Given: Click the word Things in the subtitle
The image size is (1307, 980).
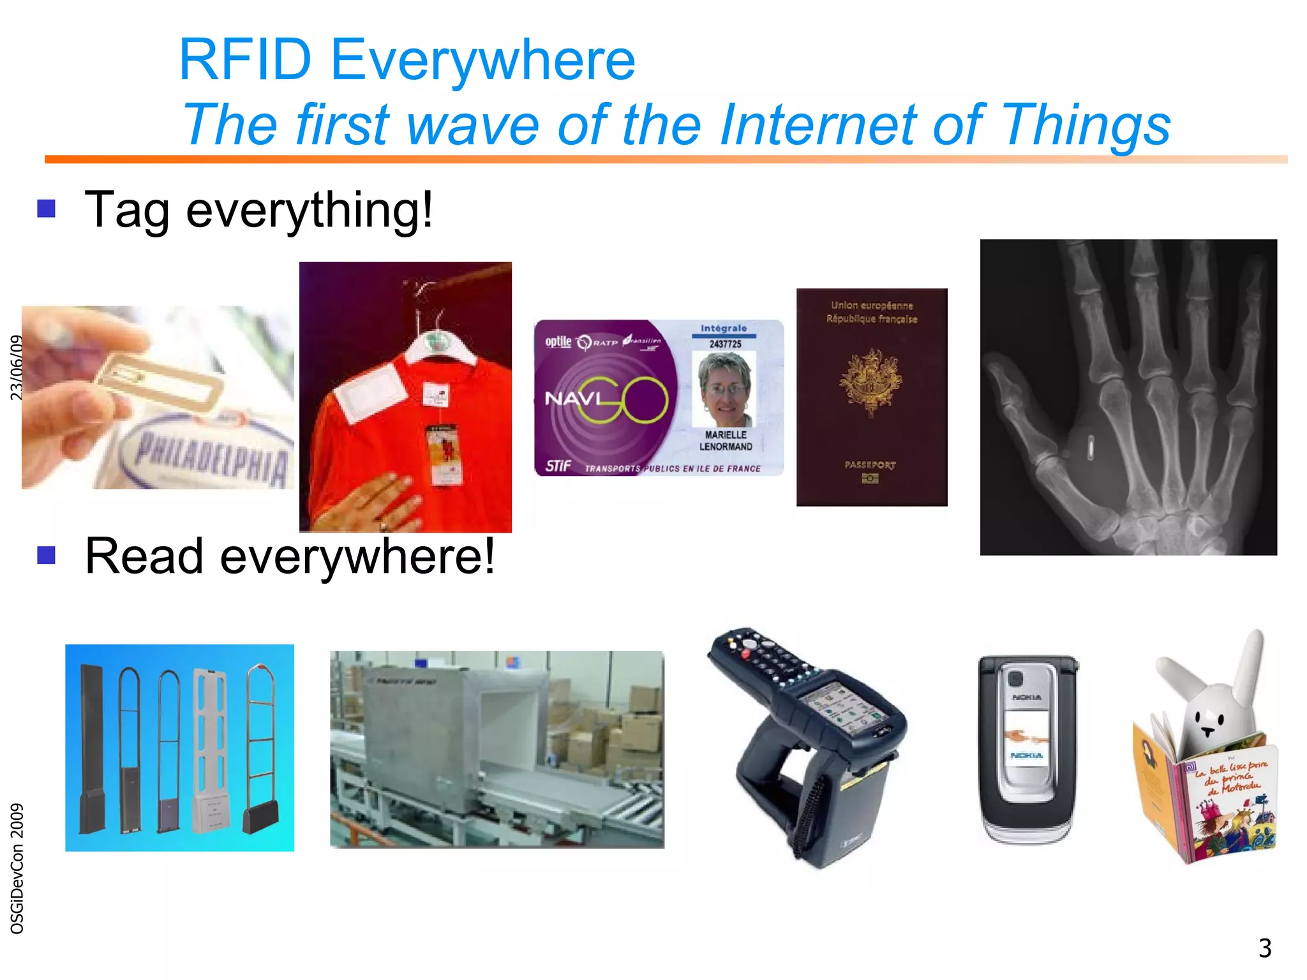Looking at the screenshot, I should pyautogui.click(x=1085, y=125).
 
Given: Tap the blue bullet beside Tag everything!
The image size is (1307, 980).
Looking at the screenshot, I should pyautogui.click(x=47, y=209).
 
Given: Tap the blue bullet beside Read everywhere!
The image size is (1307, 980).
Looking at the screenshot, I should pyautogui.click(x=47, y=555).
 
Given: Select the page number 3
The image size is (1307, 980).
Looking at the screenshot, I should pyautogui.click(x=1264, y=948).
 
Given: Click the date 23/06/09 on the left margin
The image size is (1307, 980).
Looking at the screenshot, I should pyautogui.click(x=17, y=367).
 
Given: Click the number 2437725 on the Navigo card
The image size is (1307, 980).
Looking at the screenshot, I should pyautogui.click(x=725, y=344).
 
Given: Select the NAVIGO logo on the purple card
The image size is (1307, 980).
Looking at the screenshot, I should pyautogui.click(x=606, y=399).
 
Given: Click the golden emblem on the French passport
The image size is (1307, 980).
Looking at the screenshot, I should pyautogui.click(x=870, y=382).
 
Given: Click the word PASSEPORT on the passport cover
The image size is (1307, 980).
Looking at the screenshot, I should pyautogui.click(x=870, y=465).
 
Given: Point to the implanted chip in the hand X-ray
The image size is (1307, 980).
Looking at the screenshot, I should pyautogui.click(x=1091, y=447).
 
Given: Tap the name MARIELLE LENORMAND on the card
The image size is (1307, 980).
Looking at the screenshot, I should pyautogui.click(x=726, y=441).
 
